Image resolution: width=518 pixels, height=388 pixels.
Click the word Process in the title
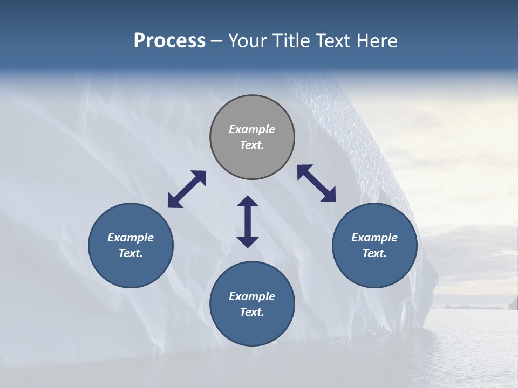[169, 41]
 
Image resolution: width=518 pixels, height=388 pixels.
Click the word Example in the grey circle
[252, 129]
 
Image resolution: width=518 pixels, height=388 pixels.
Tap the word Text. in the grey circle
[252, 145]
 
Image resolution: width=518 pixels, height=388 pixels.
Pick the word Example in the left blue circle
[131, 238]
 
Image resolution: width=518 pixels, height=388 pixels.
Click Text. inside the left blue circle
[131, 253]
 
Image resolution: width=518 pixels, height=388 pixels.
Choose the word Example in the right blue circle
[374, 238]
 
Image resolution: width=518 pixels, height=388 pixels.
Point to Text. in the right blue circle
[374, 253]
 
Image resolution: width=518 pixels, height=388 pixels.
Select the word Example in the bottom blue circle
[252, 296]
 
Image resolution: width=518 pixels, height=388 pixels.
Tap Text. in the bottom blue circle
[252, 312]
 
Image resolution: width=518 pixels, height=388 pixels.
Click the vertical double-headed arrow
[248, 221]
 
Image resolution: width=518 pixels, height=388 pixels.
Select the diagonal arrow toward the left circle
[187, 189]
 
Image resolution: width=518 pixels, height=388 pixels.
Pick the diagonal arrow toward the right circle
[317, 184]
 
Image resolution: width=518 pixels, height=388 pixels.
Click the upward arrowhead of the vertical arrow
[248, 202]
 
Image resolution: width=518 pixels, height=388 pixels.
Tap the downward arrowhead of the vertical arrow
[248, 242]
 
